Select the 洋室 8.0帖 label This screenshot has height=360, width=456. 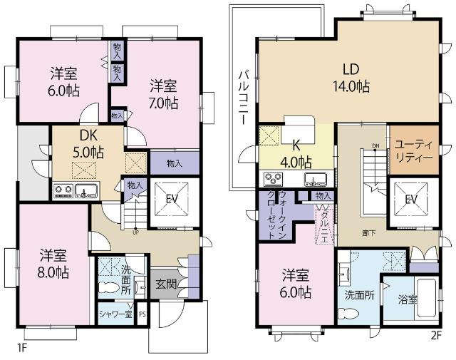[x=54, y=262]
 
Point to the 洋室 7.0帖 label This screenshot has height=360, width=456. [x=164, y=94]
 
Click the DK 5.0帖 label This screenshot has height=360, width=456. [x=89, y=144]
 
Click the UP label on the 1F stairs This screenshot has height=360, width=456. [x=135, y=231]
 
